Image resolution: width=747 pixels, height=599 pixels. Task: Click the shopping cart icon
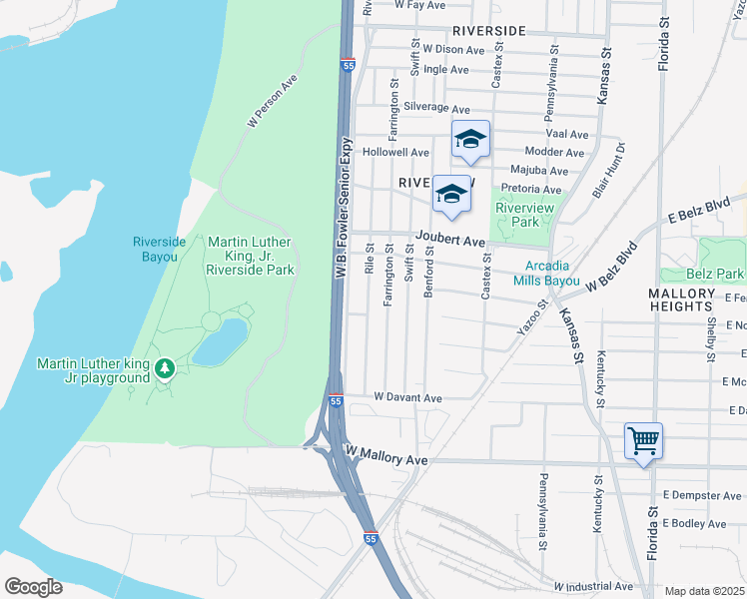(644, 439)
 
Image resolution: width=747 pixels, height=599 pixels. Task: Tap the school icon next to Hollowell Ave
(470, 140)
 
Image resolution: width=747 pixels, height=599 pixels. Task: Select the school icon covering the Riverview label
(451, 196)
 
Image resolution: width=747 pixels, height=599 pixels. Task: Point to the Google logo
(33, 587)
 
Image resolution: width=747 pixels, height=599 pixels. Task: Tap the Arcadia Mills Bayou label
(553, 274)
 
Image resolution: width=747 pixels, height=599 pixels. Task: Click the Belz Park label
(715, 274)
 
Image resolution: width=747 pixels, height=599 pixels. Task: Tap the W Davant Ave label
(407, 397)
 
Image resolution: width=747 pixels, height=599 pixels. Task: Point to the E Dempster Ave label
(701, 495)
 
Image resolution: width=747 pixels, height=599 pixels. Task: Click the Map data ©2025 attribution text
(705, 591)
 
